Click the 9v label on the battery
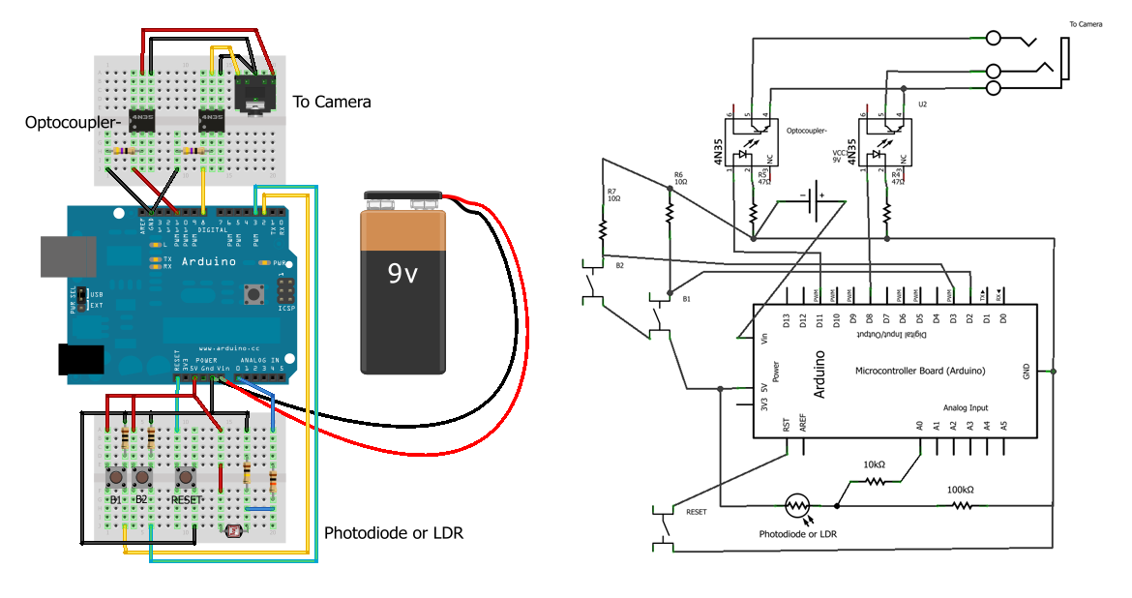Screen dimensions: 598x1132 [402, 275]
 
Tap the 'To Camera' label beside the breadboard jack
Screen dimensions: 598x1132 [331, 102]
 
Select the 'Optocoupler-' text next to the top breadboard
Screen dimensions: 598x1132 [62, 123]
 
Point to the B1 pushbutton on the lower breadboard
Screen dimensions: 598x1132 [116, 477]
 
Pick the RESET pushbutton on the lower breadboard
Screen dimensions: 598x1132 [185, 477]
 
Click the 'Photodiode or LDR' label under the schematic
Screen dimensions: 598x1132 [797, 534]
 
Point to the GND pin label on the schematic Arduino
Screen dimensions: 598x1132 [1027, 372]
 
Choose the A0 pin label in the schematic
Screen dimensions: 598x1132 [919, 426]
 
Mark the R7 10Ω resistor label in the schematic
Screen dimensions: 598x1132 [611, 194]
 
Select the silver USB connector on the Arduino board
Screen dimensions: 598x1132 [62, 256]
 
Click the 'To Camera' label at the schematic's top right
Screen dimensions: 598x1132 [1086, 24]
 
